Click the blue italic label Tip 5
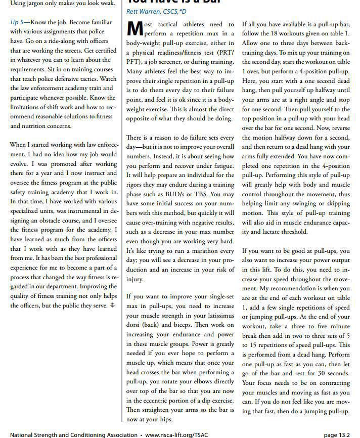click(17, 23)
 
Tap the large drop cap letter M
click(134, 30)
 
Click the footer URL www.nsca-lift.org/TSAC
click(176, 433)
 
